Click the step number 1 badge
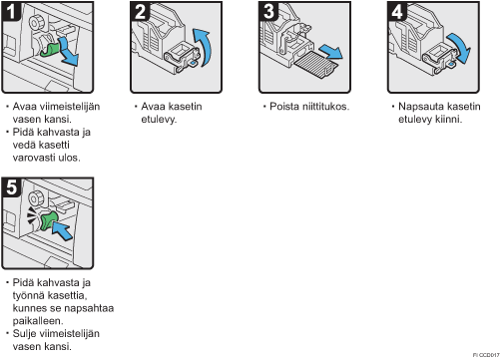11,11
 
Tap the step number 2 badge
140,11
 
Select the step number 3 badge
268,11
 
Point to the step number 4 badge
397,11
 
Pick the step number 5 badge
11,187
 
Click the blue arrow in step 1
69,53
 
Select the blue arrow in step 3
331,52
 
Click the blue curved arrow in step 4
461,47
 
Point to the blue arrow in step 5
64,229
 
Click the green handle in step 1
50,49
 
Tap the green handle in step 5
49,221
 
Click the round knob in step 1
36,23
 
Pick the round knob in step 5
36,198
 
